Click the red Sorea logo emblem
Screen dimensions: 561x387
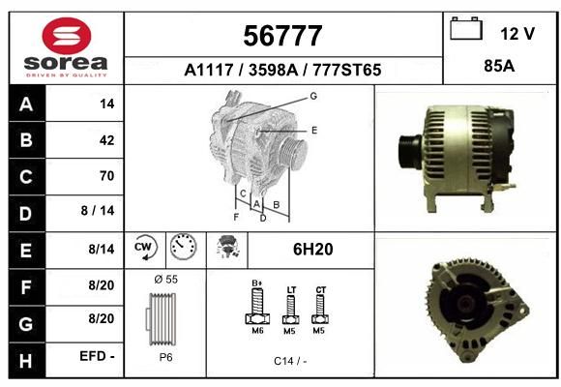click(67, 36)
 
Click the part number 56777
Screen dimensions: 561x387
click(282, 36)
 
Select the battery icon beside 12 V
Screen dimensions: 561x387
click(466, 28)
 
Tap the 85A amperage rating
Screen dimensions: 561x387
click(499, 66)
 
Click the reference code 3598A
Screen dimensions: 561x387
click(274, 70)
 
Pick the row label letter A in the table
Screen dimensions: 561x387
click(26, 104)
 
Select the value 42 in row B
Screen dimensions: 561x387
click(107, 140)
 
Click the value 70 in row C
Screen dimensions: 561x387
click(107, 176)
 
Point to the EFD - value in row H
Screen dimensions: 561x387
click(97, 356)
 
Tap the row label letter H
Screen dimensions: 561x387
click(26, 361)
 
